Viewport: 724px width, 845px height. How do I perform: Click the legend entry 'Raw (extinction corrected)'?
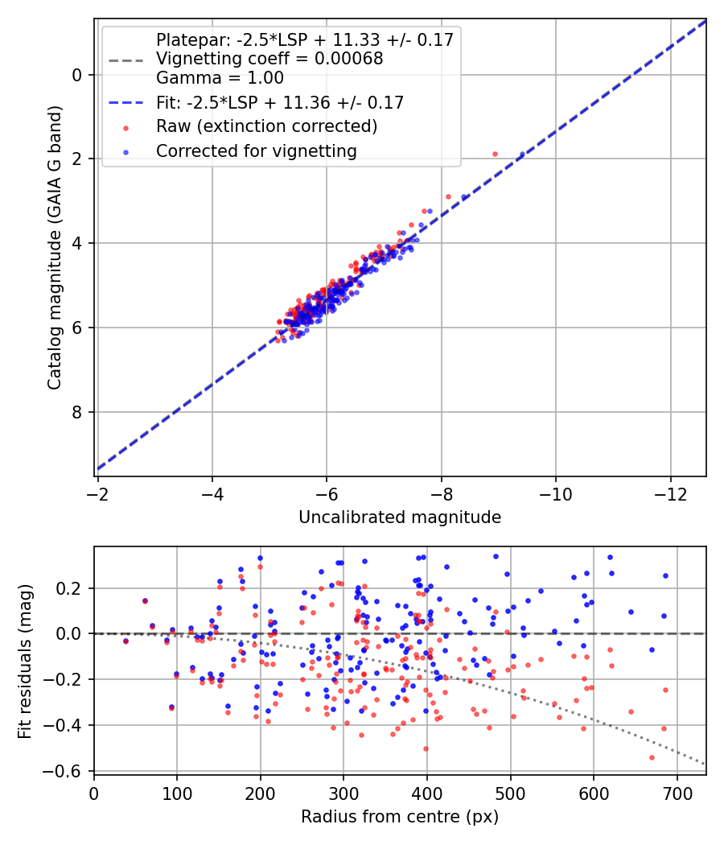266,126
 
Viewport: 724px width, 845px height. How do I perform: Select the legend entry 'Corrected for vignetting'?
257,150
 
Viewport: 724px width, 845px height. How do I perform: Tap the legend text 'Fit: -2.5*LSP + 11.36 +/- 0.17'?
279,102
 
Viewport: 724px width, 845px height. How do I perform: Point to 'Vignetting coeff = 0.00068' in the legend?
269,59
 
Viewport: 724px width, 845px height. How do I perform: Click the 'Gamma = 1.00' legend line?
220,78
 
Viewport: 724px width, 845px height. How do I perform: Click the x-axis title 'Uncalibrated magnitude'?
400,517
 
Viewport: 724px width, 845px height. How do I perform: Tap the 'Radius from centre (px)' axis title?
400,817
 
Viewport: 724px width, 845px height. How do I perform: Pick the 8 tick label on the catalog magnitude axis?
77,412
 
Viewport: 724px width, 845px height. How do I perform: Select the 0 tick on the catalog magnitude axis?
77,75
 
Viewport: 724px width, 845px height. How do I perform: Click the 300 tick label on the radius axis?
343,792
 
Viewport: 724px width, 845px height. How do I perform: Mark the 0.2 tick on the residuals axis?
72,588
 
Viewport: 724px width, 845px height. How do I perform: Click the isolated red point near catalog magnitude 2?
495,154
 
